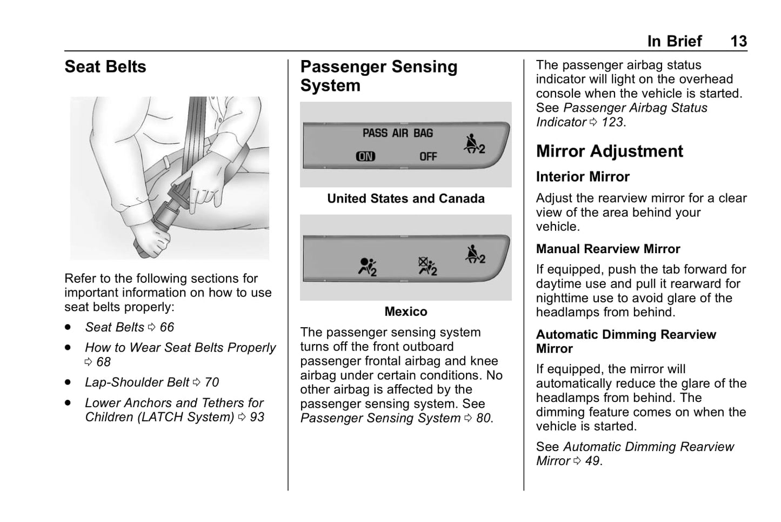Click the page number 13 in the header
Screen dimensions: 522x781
(738, 41)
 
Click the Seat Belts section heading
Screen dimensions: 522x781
(105, 67)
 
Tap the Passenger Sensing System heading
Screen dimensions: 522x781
(378, 76)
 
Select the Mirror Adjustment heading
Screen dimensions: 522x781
(609, 151)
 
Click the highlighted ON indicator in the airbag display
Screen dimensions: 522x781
(365, 157)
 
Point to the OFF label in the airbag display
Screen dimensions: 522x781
(428, 157)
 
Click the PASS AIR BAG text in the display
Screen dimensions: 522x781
(397, 133)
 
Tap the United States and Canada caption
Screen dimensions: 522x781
(405, 199)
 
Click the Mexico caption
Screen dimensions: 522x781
(405, 312)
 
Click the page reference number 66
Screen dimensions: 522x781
(167, 327)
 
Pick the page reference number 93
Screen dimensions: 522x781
(257, 417)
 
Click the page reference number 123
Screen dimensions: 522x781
(612, 122)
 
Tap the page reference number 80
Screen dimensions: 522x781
(483, 418)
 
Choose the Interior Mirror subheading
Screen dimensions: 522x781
(583, 177)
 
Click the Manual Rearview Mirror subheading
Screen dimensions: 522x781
(608, 249)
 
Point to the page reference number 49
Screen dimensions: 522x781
(592, 461)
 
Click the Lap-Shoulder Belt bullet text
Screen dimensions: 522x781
(137, 382)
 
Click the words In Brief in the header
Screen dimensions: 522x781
(674, 41)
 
